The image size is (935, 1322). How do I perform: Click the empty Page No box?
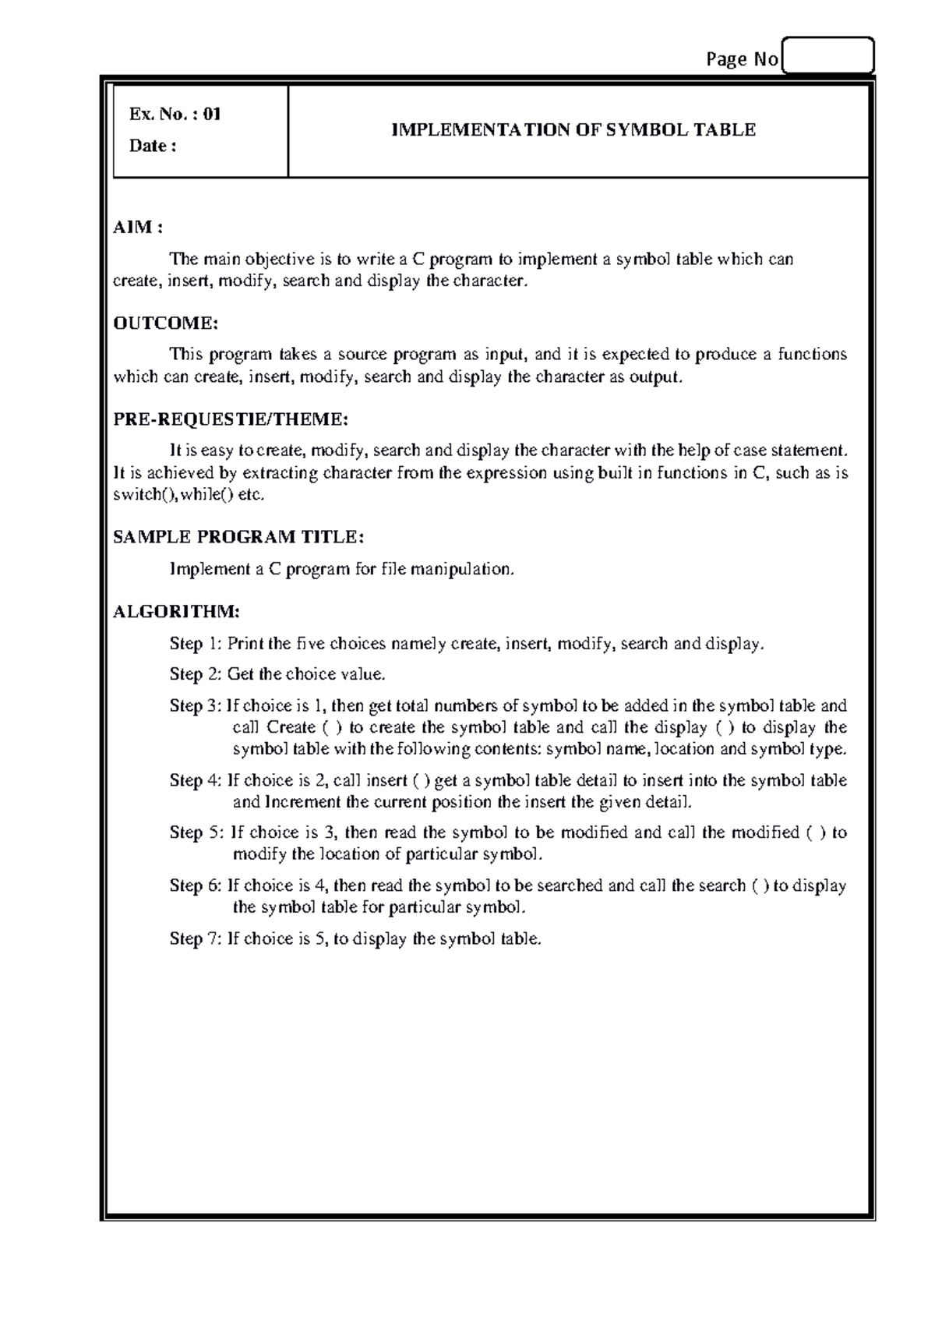click(827, 56)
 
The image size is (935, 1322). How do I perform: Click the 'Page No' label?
click(741, 60)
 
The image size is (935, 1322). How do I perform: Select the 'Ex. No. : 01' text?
click(175, 115)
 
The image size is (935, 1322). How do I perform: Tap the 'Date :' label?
click(153, 147)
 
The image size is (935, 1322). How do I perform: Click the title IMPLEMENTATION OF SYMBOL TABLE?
click(573, 130)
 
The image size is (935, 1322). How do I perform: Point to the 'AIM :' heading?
click(138, 228)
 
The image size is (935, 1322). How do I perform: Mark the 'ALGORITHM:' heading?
click(176, 611)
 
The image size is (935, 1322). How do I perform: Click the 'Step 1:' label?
click(196, 644)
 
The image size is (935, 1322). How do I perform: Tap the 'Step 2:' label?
click(196, 674)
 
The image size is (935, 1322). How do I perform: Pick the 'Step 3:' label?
click(196, 706)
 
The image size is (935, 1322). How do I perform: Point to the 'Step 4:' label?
click(196, 780)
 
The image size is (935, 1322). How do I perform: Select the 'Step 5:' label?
click(196, 832)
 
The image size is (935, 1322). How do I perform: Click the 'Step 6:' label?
click(196, 885)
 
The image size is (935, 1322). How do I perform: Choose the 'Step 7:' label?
click(196, 938)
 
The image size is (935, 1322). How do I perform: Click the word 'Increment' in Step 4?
click(304, 802)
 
